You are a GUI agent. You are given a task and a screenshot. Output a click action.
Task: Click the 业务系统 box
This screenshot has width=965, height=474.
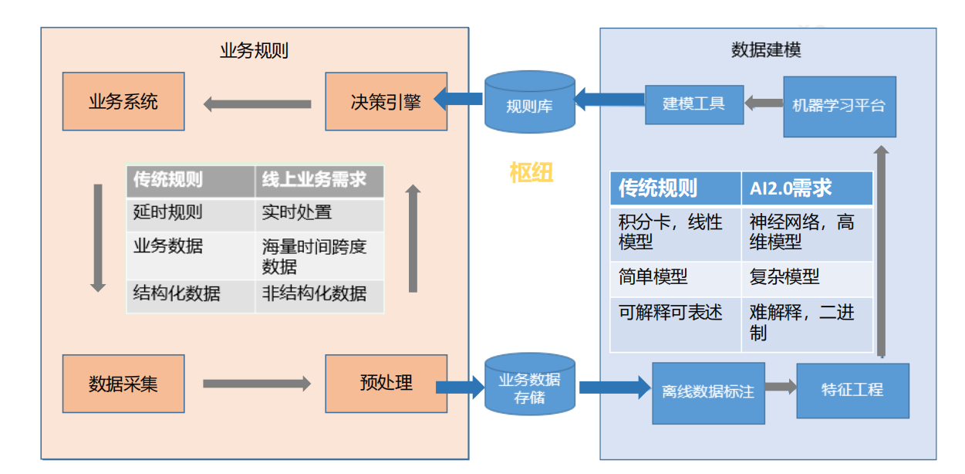(123, 101)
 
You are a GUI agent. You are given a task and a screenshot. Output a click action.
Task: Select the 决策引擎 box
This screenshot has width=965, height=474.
(386, 101)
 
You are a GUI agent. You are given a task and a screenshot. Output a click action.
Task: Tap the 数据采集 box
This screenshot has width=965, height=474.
(123, 384)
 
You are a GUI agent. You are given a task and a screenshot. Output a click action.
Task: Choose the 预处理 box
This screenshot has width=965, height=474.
(386, 384)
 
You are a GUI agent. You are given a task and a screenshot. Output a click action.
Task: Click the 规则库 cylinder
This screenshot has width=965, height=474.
(529, 103)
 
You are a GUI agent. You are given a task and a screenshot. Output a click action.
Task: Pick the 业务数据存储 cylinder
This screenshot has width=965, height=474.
(529, 385)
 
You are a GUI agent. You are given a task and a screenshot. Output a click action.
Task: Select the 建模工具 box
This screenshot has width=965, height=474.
(693, 104)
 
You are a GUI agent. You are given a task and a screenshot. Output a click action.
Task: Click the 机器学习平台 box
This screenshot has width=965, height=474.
(839, 107)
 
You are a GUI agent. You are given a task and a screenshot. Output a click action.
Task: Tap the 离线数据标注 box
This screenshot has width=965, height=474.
(707, 392)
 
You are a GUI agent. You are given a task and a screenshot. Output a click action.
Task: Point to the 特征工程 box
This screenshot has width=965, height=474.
(852, 390)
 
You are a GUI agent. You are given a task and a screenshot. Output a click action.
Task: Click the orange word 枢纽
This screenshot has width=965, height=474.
(531, 172)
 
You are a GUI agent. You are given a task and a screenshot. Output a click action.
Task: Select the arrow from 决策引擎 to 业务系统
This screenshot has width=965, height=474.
(257, 103)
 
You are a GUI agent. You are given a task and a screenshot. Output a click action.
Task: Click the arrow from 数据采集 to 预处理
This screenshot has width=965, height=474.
(257, 384)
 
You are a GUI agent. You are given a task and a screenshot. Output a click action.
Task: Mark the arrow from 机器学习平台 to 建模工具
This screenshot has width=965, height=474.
(764, 103)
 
